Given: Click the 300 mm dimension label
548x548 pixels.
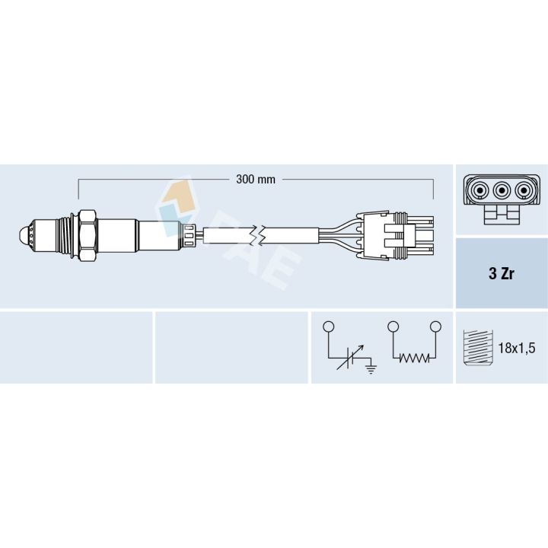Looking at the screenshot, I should [x=256, y=180].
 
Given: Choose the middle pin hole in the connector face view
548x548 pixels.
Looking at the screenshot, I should [x=501, y=190].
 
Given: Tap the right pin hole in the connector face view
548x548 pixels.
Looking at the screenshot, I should [x=523, y=190].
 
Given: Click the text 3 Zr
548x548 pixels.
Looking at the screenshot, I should [x=501, y=274].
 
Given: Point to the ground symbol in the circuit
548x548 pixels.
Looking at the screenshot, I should [x=371, y=370].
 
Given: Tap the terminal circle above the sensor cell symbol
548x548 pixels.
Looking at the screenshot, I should [x=329, y=327].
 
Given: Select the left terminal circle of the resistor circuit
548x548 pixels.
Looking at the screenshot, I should [x=393, y=327].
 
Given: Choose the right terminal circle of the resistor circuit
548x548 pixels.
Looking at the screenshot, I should [x=435, y=327].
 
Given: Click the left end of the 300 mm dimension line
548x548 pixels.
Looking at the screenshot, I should [x=79, y=183].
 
